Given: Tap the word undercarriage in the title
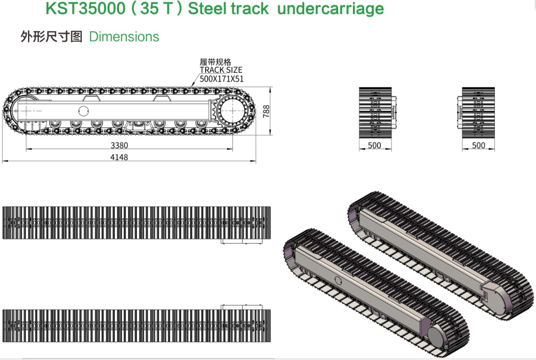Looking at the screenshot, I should tap(330, 8).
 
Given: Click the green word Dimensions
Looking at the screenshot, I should tap(124, 37).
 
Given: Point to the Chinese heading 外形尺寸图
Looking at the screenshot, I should tap(51, 37).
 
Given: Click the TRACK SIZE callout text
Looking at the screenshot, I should tap(221, 70).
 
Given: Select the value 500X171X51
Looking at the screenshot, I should tap(221, 78).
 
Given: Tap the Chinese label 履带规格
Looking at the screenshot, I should tap(215, 62).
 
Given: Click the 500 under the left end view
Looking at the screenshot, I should tap(375, 146).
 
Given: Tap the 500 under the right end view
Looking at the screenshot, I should tap(478, 146).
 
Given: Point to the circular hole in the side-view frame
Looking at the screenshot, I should tap(84, 110).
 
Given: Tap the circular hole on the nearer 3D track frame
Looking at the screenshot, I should tap(338, 280).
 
